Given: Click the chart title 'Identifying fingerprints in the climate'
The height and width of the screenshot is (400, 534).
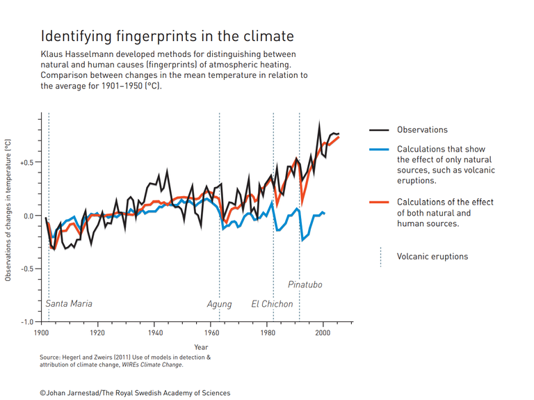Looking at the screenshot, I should pos(167,36).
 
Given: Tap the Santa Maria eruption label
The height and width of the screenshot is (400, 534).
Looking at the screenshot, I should pos(69,304).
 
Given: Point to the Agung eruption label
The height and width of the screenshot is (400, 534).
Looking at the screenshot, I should pos(219,304).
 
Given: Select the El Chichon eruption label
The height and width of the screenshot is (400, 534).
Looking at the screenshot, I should pos(272,304).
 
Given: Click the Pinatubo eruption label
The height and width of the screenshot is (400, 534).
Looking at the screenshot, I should pos(305,285).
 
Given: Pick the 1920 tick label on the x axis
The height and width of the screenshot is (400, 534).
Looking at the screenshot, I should pos(97,333).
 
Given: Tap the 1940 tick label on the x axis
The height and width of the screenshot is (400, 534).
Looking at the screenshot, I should pos(154,333).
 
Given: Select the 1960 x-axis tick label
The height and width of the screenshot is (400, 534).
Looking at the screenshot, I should pos(211,333).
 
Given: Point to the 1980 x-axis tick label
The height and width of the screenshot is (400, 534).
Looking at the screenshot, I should pos(267,333).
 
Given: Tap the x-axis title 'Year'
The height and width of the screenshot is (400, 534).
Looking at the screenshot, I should pos(201,346).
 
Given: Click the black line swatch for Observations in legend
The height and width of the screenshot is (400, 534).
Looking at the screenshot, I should pos(379,130).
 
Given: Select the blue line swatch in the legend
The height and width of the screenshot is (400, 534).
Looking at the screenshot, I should pos(379,150).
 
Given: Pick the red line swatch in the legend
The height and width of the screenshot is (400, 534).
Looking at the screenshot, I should pos(379,202).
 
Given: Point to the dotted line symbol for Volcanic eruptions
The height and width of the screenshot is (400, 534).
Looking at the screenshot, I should pos(380,257).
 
